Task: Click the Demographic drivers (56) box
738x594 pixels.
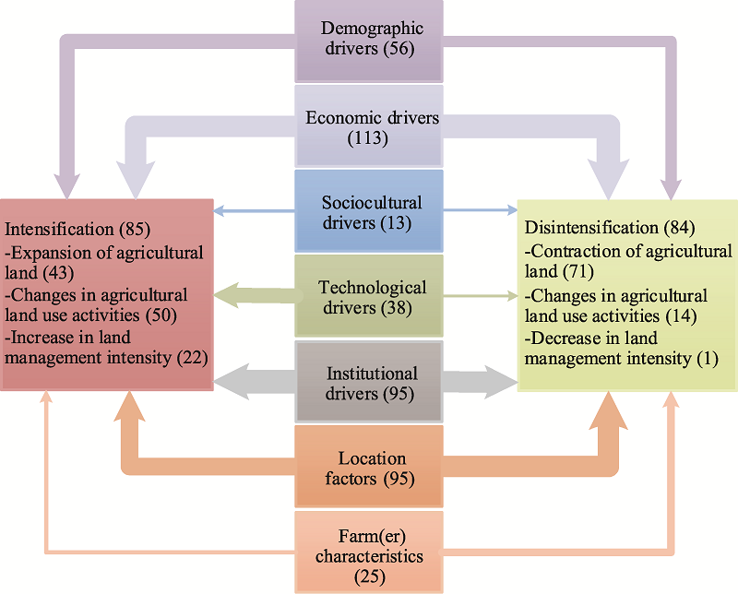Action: tap(369, 42)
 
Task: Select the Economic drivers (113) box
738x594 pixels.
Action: tap(369, 126)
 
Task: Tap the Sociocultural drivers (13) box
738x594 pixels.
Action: tap(369, 211)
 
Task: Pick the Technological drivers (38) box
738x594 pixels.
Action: tap(369, 296)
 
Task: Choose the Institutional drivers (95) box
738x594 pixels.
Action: tap(369, 382)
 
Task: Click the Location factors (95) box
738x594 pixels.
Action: tap(369, 467)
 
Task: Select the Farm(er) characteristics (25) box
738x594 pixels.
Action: tap(369, 552)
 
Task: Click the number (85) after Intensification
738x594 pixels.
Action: tap(135, 230)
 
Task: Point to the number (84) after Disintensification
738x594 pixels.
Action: tap(679, 228)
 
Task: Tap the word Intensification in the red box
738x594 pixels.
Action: tap(59, 230)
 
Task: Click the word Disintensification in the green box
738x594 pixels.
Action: tap(591, 227)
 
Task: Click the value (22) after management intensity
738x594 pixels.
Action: tap(193, 358)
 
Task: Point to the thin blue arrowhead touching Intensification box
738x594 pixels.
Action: tap(219, 210)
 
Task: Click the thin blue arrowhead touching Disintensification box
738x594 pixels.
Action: tap(512, 210)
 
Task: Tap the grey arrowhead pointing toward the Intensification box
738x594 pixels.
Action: tap(232, 382)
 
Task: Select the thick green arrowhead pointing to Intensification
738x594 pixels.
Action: tap(226, 295)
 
